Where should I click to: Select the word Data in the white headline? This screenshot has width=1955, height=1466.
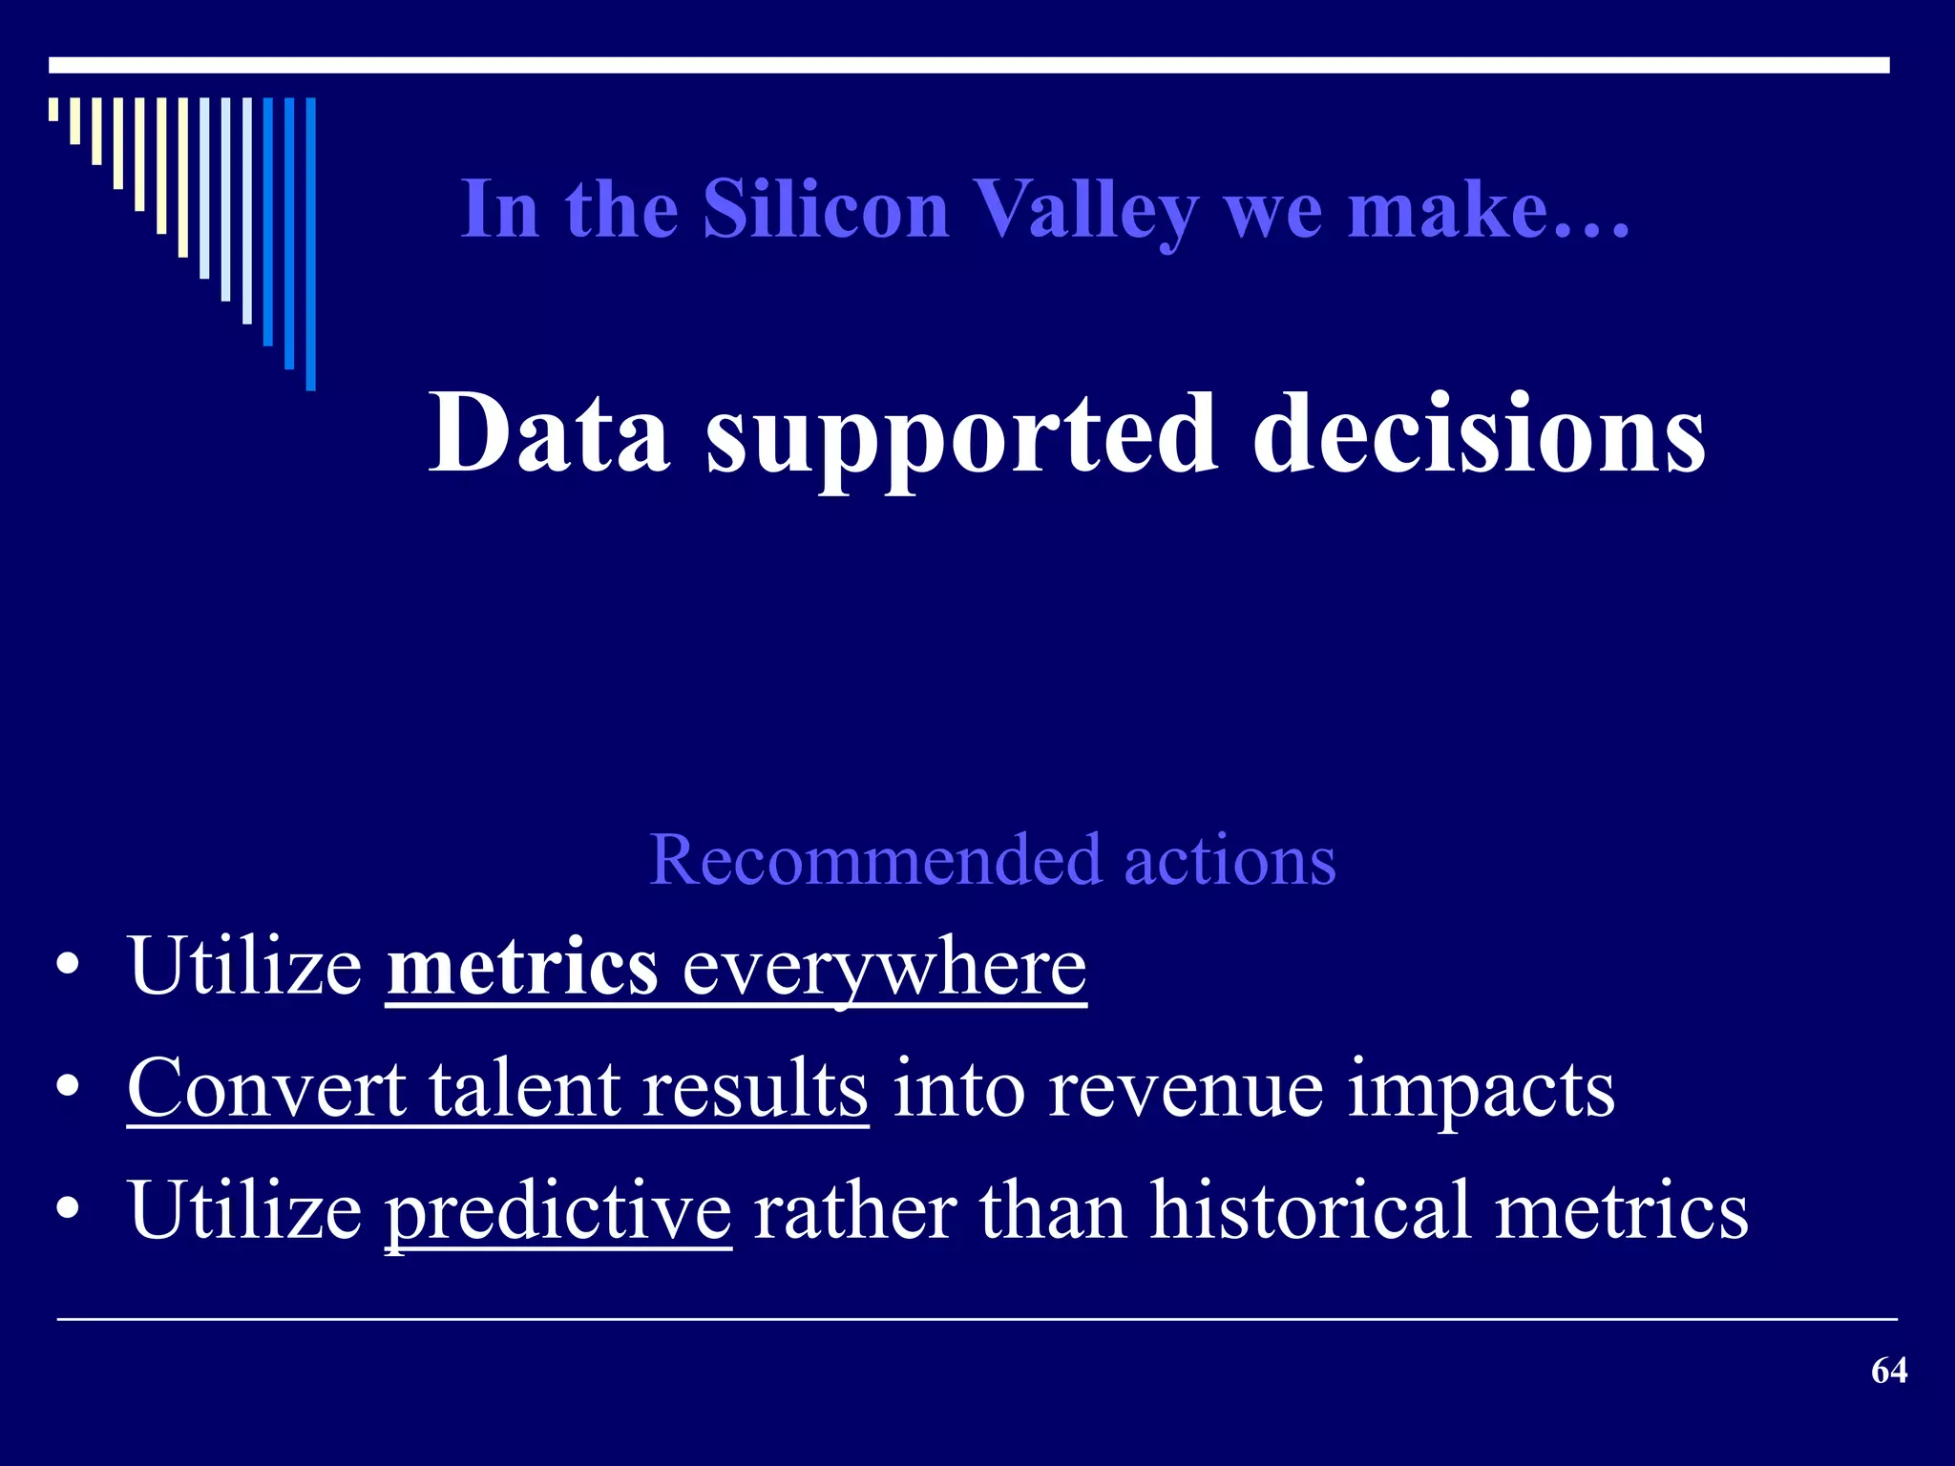[549, 434]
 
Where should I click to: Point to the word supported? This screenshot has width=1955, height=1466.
[961, 434]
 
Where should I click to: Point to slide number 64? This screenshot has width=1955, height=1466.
[1888, 1371]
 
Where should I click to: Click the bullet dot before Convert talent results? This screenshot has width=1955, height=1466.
[67, 1088]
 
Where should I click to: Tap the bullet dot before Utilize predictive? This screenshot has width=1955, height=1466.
[67, 1210]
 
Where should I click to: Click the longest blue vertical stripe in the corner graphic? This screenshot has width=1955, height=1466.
[310, 243]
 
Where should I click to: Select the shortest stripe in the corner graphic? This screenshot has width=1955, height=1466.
[53, 109]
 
